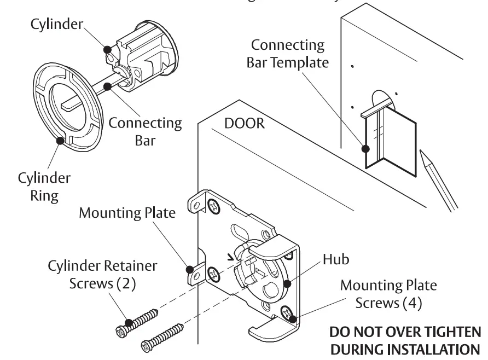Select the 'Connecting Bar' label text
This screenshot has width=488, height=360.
(145, 131)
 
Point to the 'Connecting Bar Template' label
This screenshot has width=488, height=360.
(288, 53)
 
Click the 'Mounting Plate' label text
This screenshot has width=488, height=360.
(127, 212)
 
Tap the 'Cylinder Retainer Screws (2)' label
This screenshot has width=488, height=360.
(102, 275)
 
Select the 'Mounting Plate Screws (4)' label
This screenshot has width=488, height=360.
(388, 293)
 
